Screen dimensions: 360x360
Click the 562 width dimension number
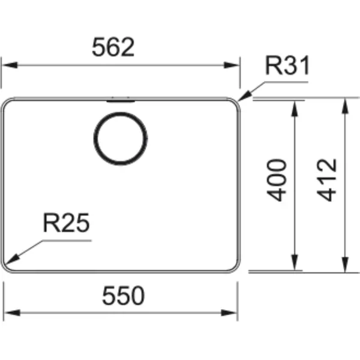(113, 47)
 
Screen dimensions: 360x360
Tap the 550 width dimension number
(123, 296)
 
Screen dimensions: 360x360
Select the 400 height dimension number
(277, 180)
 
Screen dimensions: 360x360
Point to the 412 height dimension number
(327, 180)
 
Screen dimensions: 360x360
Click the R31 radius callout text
(287, 65)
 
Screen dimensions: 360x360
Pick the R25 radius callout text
(66, 223)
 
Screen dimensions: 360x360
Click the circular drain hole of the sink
(121, 139)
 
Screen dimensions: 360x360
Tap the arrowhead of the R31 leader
(244, 96)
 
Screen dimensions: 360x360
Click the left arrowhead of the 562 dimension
(9, 65)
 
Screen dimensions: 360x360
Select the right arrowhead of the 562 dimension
(232, 65)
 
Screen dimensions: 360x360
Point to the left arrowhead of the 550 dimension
(12, 313)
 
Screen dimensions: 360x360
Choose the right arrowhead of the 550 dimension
(229, 313)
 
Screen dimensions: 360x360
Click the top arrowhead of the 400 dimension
(295, 109)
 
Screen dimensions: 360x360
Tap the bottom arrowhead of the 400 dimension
(295, 262)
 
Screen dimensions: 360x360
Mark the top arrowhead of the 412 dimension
(345, 106)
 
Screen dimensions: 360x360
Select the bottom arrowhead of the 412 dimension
(345, 265)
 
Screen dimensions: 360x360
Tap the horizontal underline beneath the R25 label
(67, 241)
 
